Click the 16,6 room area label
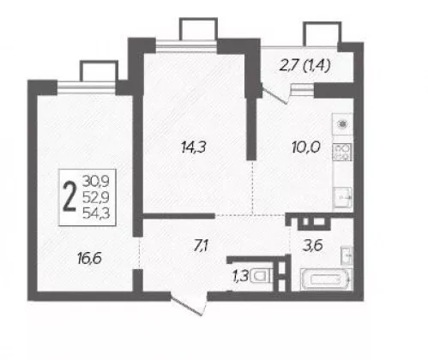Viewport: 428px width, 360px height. tap(89, 259)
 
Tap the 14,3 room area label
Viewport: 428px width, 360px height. tap(194, 147)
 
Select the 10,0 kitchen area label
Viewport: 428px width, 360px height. tap(306, 147)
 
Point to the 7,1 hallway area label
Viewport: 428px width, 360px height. tap(202, 246)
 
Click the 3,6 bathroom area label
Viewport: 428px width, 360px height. tap(313, 246)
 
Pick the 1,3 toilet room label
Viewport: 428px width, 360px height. tap(241, 277)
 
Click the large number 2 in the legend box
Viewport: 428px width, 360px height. tap(70, 197)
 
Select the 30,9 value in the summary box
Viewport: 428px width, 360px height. tap(96, 181)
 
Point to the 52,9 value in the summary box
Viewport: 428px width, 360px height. tap(96, 197)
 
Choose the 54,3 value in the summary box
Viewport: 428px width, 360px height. tap(96, 213)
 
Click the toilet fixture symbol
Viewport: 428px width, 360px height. tap(262, 276)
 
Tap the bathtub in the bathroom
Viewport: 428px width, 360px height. tap(326, 279)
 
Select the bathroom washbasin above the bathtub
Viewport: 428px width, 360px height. tap(347, 255)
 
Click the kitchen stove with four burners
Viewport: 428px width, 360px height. tap(342, 152)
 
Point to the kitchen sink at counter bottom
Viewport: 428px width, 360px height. tap(343, 197)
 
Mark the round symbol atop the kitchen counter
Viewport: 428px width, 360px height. tap(342, 124)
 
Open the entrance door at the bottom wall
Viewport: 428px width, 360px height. tap(189, 303)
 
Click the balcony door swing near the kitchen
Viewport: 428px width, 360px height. tap(275, 94)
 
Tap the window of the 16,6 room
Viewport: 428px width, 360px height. tap(87, 87)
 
